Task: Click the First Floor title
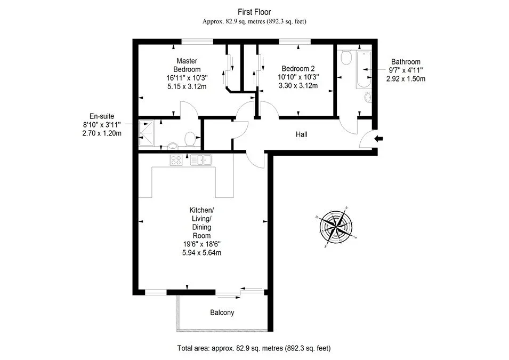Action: pyautogui.click(x=254, y=12)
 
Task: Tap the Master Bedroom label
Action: pyautogui.click(x=187, y=65)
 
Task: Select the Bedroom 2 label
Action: pyautogui.click(x=298, y=69)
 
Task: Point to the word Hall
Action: pyautogui.click(x=301, y=134)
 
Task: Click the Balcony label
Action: pyautogui.click(x=222, y=313)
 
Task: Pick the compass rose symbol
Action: pyautogui.click(x=336, y=227)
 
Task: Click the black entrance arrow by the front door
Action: pyautogui.click(x=378, y=139)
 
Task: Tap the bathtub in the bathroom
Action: pyautogui.click(x=363, y=69)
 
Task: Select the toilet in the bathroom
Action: pyautogui.click(x=346, y=58)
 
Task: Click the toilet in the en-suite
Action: pyautogui.click(x=190, y=139)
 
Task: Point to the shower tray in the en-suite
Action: pyautogui.click(x=147, y=133)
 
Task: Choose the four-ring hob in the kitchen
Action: pyautogui.click(x=176, y=160)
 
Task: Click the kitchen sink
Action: pyautogui.click(x=201, y=160)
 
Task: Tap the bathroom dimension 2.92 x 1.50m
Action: pyautogui.click(x=406, y=78)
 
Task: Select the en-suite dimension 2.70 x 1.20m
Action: pyautogui.click(x=102, y=133)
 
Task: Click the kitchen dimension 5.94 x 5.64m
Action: pyautogui.click(x=201, y=252)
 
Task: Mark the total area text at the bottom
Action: pyautogui.click(x=254, y=348)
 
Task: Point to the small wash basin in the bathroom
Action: pyautogui.click(x=368, y=97)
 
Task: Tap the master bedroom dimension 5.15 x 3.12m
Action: pyautogui.click(x=187, y=86)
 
